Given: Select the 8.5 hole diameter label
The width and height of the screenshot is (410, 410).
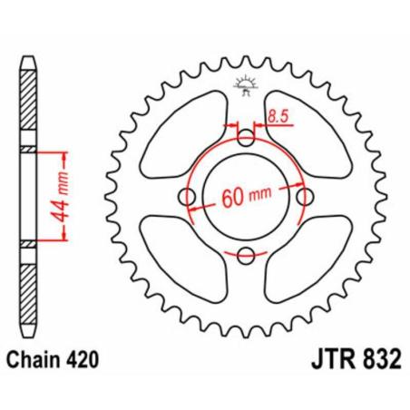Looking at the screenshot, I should pyautogui.click(x=279, y=117).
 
